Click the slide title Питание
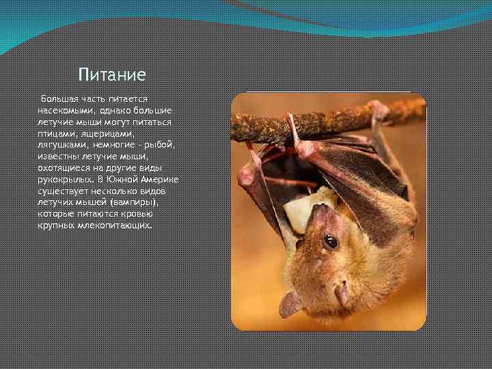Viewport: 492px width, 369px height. [112, 73]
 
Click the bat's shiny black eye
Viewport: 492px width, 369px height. [331, 241]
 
